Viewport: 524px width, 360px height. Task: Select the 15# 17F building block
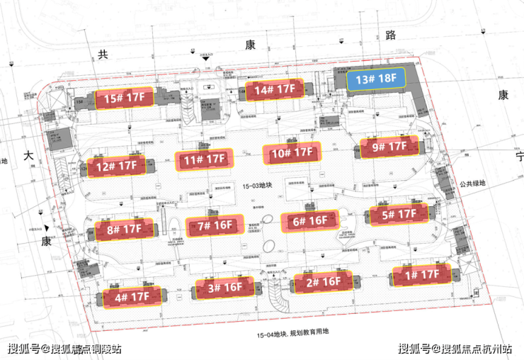125,99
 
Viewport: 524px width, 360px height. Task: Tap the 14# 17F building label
275,90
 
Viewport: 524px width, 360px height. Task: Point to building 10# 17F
292,152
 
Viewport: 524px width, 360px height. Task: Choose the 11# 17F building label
205,161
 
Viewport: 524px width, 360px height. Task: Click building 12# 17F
117,167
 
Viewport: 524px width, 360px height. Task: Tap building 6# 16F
309,220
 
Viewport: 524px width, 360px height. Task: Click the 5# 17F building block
399,214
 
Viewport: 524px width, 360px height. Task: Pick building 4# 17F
132,297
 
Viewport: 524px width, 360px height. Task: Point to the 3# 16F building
224,288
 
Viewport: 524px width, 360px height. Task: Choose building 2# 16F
323,281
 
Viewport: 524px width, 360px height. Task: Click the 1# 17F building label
421,274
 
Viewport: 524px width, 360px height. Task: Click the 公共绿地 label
472,184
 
